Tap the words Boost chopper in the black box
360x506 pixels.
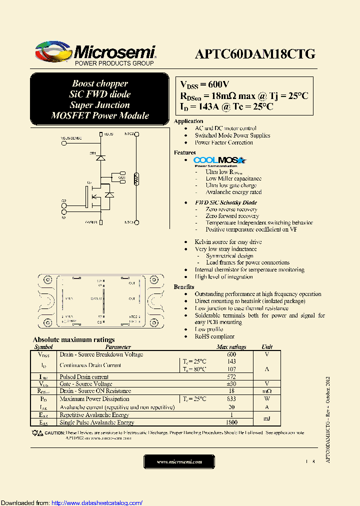100,83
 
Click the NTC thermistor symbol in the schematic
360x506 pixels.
136,178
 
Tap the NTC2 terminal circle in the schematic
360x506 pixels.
136,134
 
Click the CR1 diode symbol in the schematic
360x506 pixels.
100,157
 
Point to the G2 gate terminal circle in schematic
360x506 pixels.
64,204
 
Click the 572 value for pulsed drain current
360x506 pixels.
231,376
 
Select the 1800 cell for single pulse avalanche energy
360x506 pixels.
231,422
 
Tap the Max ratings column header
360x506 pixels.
231,346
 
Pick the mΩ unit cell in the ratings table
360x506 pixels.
267,391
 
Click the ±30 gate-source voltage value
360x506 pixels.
231,383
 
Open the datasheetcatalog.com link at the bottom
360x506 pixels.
97,502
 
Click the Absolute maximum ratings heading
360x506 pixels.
73,339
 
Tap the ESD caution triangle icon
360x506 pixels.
39,433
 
